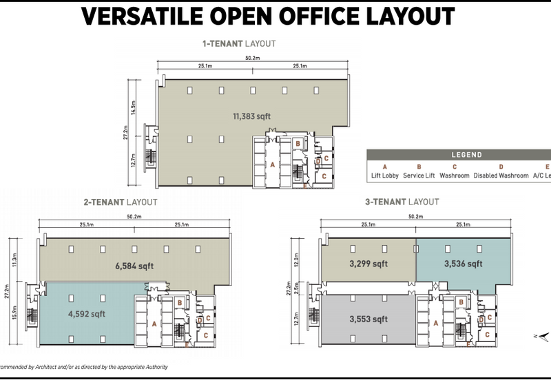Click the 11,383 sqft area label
click(251, 117)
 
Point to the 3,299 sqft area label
click(369, 264)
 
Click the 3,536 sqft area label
click(462, 264)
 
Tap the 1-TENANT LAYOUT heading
click(238, 43)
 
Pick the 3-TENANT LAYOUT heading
click(402, 202)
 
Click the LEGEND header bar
click(466, 155)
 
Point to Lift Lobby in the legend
click(385, 176)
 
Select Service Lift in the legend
click(419, 176)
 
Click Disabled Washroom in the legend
click(501, 176)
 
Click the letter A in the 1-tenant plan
click(273, 165)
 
